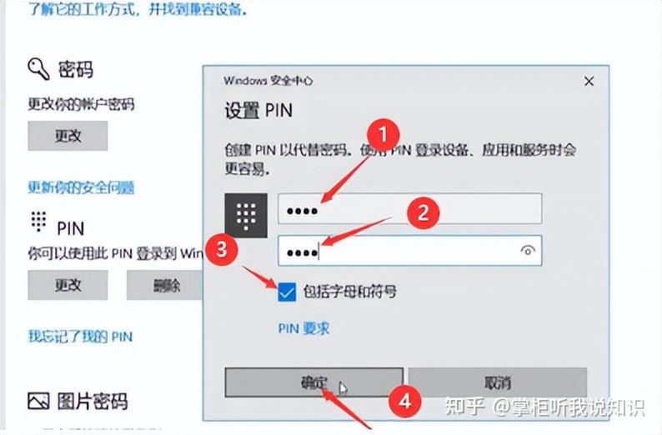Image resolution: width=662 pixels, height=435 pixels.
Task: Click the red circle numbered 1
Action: (384, 134)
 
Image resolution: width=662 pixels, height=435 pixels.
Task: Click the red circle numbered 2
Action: (423, 212)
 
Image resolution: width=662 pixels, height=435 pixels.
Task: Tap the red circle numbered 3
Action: (221, 248)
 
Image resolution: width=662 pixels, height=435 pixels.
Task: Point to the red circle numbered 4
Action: (405, 401)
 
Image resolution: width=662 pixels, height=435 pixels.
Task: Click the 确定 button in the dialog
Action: (314, 383)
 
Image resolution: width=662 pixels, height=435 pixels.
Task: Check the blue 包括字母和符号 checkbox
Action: (287, 292)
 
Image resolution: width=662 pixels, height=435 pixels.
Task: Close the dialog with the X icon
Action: (589, 82)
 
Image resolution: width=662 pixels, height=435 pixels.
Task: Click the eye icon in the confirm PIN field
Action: (527, 250)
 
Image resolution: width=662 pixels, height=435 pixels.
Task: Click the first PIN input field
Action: (409, 209)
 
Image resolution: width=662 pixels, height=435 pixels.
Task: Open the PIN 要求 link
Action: (303, 328)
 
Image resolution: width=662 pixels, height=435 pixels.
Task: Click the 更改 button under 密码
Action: (68, 136)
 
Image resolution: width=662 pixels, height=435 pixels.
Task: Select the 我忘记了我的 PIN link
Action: (80, 337)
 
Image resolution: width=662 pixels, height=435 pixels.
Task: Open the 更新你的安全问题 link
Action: (82, 187)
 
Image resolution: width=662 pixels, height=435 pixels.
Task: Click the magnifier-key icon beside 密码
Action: (38, 68)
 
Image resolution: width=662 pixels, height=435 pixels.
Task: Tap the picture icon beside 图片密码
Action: (38, 401)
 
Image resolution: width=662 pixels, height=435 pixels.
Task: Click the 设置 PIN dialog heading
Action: (258, 110)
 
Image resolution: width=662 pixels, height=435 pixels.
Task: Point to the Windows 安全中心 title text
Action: (268, 82)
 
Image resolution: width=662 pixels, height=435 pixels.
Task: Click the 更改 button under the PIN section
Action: (68, 285)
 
